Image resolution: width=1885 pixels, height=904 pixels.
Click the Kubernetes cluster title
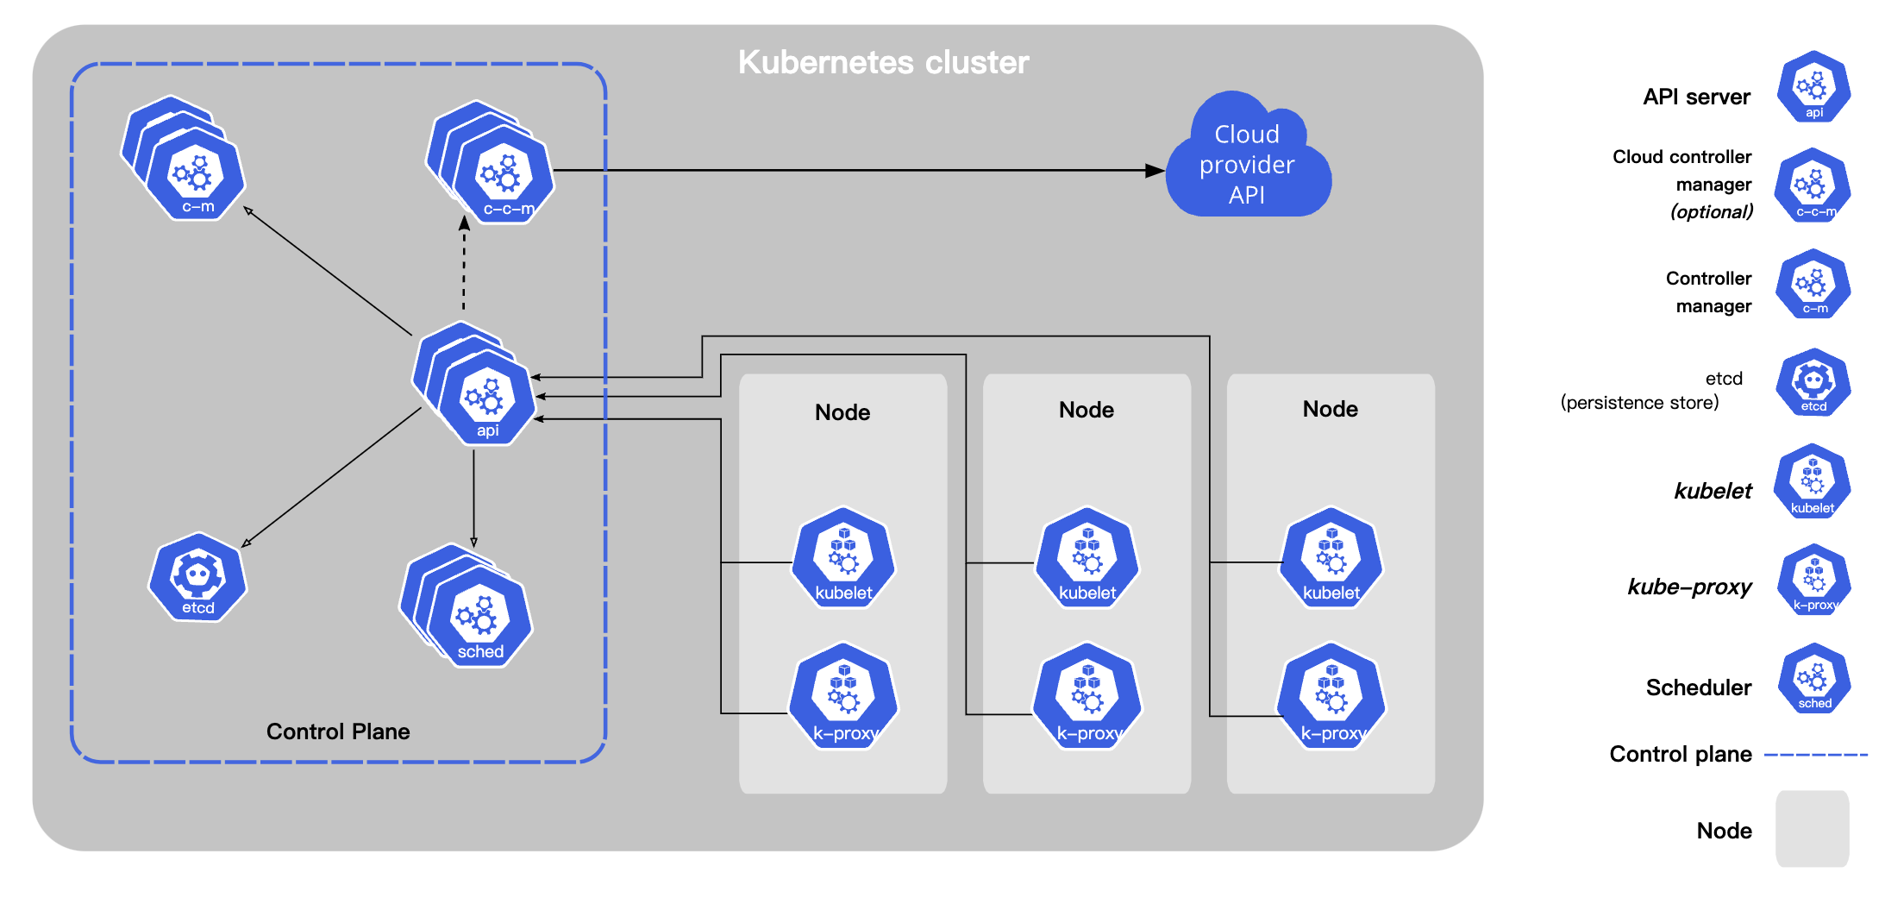click(x=883, y=62)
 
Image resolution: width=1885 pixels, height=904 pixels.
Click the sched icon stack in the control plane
click(x=477, y=613)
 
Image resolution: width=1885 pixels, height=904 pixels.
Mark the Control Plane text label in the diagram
click(x=338, y=731)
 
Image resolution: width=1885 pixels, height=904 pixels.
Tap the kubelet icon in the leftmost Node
click(x=843, y=559)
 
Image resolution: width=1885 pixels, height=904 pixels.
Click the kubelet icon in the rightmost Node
click(x=1331, y=559)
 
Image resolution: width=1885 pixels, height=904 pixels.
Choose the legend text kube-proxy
click(x=1689, y=587)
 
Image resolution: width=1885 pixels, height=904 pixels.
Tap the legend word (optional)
click(x=1712, y=212)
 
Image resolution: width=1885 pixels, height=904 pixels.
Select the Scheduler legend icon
click(x=1813, y=680)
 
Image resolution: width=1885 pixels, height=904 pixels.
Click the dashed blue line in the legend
click(x=1815, y=755)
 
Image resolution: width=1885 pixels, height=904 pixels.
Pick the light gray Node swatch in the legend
click(x=1812, y=828)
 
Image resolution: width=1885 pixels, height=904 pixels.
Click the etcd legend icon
click(x=1813, y=383)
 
